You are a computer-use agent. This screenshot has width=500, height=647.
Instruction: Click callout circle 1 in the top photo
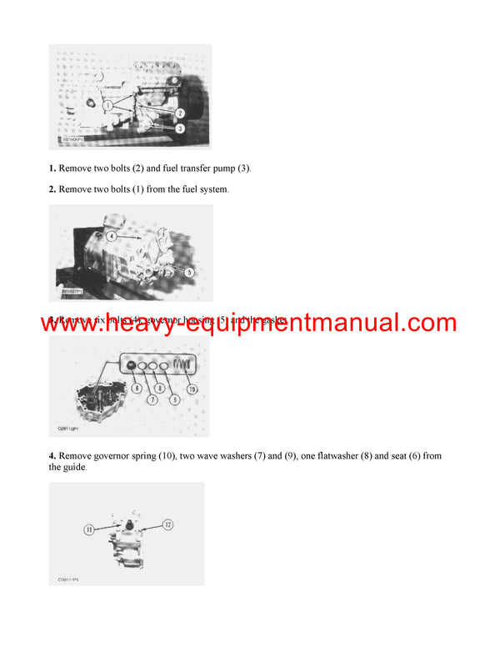coord(107,105)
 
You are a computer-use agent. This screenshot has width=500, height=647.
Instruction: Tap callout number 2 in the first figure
coord(180,113)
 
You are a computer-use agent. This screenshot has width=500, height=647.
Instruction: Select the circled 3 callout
coord(180,128)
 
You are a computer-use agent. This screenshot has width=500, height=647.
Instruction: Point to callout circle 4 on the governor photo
coord(112,235)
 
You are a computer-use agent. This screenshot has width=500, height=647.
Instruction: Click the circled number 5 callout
coord(189,271)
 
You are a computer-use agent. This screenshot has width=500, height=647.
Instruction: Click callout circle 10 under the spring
coord(193,389)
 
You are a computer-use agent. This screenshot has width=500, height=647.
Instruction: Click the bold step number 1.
coord(52,168)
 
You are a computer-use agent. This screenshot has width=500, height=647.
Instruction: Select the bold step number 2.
coord(52,189)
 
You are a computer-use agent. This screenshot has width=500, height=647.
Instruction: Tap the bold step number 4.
coord(52,456)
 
